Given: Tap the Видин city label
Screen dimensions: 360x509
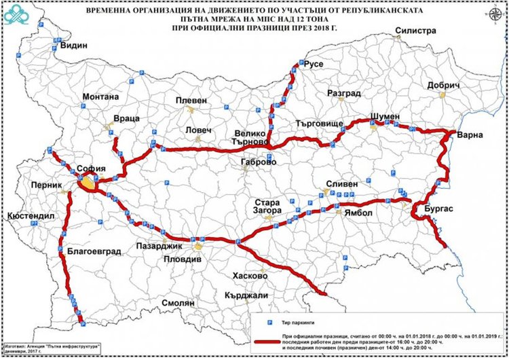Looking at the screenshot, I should [75, 46].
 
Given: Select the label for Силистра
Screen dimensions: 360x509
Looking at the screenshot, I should [415, 31].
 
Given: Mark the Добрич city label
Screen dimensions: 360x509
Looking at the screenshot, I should [444, 86].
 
